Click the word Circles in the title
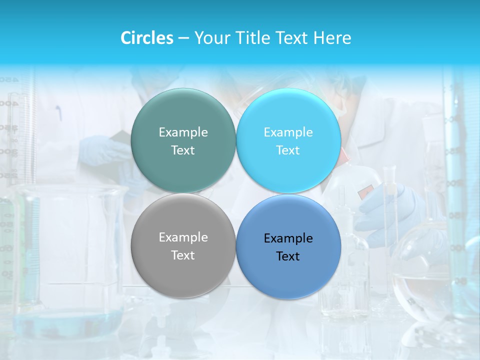coord(147,38)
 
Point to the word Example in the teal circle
coord(183,132)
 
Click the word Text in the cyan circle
coord(288,150)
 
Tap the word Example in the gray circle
coord(183,237)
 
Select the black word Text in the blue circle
coord(288,256)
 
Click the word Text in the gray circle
coord(183,255)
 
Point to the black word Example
coord(288,238)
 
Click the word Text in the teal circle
coord(183,150)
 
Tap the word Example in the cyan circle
coord(288,132)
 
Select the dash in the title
coord(183,38)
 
